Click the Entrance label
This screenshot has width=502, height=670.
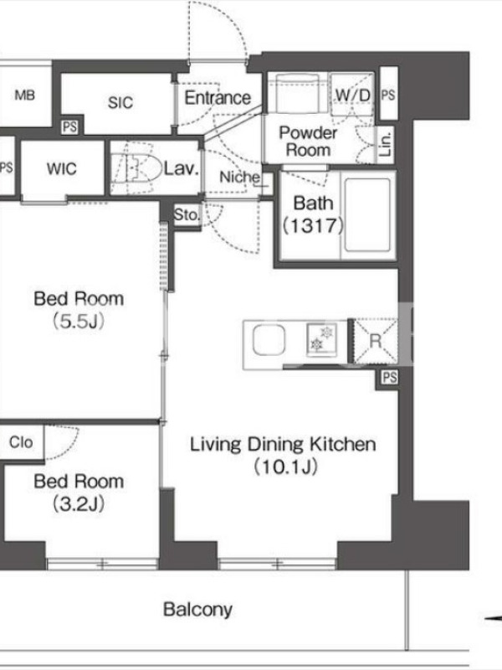218,98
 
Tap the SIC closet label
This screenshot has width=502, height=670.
120,102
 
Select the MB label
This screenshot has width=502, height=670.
25,95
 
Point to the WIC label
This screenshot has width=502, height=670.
62,169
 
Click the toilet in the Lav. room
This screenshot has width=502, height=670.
136,168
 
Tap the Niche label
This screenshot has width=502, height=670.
239,177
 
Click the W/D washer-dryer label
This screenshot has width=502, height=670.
352,95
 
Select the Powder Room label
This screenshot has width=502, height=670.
308,141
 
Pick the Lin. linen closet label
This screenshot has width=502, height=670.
386,143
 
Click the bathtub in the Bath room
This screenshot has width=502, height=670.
367,215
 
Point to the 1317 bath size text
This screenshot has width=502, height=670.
313,225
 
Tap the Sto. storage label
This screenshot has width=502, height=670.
187,214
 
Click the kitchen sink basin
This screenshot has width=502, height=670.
269,340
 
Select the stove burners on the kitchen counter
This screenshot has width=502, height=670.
321,339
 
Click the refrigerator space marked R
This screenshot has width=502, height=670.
375,341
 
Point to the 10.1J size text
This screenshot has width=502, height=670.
285,467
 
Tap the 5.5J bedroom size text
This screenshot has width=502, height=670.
79,322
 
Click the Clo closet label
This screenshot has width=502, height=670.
21,442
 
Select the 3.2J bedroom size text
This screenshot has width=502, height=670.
79,505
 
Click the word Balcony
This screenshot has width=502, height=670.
197,610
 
